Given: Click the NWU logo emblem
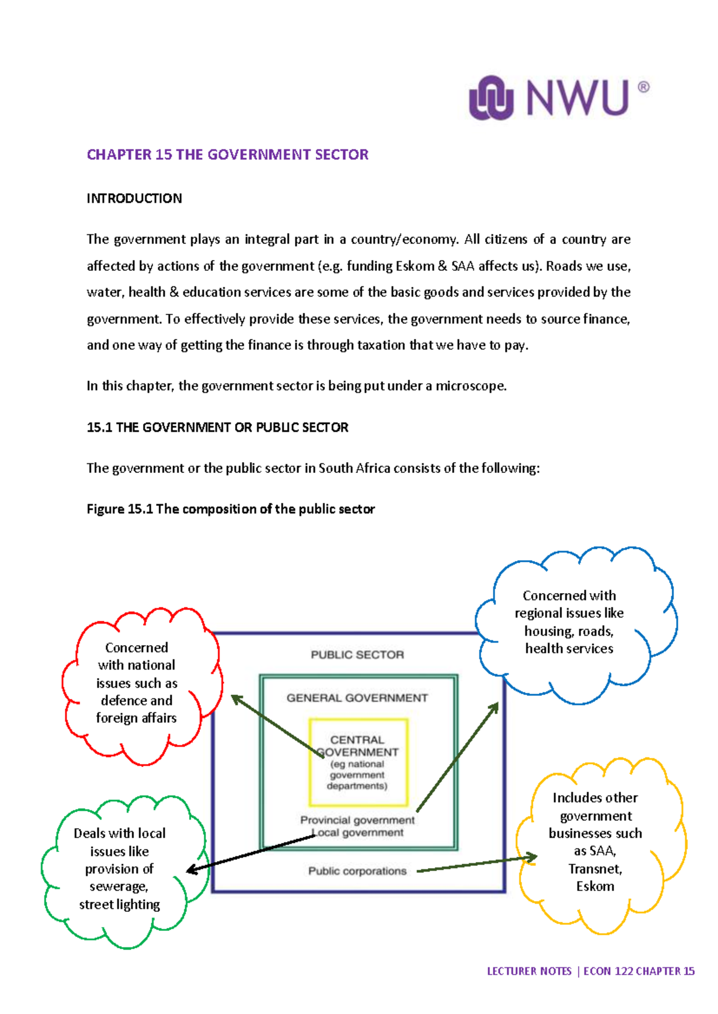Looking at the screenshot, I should pyautogui.click(x=491, y=98).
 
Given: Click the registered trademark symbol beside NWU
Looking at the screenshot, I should pyautogui.click(x=643, y=87).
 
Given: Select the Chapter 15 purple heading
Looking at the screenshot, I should pyautogui.click(x=227, y=155).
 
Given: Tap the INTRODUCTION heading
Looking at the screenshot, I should pyautogui.click(x=134, y=198).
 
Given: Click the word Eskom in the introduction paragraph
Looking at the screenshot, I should pyautogui.click(x=415, y=266).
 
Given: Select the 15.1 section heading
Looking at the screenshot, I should pyautogui.click(x=217, y=427).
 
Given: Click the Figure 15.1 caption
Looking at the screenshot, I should pyautogui.click(x=230, y=509).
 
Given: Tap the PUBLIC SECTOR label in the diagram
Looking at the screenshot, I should pyautogui.click(x=357, y=655).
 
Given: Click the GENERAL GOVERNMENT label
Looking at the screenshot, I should pyautogui.click(x=357, y=698).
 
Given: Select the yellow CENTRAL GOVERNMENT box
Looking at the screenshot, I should pyautogui.click(x=358, y=762).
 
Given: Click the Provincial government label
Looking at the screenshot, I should pyautogui.click(x=357, y=820).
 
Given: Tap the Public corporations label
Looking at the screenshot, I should pyautogui.click(x=357, y=871).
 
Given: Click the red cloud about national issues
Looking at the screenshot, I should pyautogui.click(x=137, y=683).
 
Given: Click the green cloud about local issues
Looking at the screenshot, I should pyautogui.click(x=120, y=869).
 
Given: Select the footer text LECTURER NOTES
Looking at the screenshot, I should pyautogui.click(x=529, y=972).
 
